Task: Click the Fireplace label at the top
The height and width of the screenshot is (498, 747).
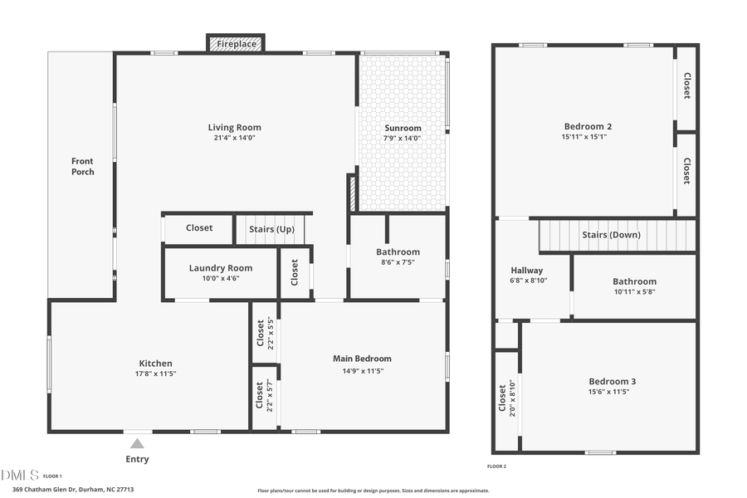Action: pos(236,44)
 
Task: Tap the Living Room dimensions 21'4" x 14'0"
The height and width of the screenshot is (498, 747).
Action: pos(234,139)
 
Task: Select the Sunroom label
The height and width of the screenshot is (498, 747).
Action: pos(403,128)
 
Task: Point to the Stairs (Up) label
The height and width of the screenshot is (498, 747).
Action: pos(271,228)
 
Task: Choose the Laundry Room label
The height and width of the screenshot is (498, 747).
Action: pos(220,268)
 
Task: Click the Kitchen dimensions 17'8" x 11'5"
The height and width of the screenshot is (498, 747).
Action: pos(155,374)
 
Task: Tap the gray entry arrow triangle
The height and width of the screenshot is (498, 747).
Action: pos(137,444)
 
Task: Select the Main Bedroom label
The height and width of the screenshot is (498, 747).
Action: pos(362,359)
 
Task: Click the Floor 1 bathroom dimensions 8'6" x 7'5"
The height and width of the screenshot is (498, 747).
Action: pos(398,262)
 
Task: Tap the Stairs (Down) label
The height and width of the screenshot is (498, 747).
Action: pos(611,235)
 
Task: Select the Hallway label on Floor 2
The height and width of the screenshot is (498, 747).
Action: pos(526,271)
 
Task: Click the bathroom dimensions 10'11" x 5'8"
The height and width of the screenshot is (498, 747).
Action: pos(634,292)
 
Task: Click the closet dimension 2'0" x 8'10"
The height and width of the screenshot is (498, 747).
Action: pos(513,397)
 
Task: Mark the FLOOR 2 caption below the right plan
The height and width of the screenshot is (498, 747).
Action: pos(496,466)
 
